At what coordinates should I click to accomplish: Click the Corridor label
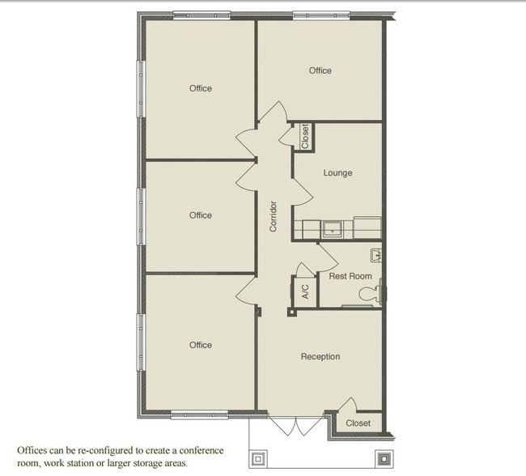274,216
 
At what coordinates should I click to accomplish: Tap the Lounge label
337,172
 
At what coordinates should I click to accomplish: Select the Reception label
320,357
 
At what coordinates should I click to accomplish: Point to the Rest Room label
350,276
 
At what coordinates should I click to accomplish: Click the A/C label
305,291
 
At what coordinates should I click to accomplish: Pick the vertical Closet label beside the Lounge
305,136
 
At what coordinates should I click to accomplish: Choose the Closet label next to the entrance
358,423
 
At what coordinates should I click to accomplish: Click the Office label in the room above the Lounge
320,70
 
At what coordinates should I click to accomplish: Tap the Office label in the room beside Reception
201,345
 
